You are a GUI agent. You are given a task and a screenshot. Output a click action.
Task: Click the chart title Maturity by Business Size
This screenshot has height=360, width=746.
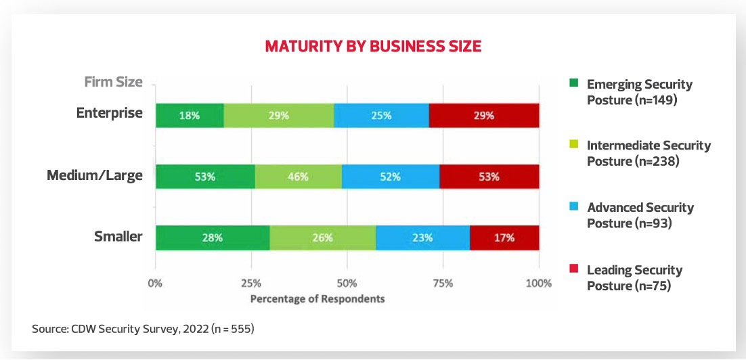pyautogui.click(x=372, y=47)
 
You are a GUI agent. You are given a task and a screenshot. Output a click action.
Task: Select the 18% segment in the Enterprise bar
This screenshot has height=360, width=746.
pyautogui.click(x=190, y=116)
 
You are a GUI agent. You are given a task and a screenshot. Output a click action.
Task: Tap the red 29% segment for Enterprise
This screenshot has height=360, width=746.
pyautogui.click(x=484, y=116)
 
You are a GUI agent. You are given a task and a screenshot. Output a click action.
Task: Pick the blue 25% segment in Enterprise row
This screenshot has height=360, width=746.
pyautogui.click(x=382, y=116)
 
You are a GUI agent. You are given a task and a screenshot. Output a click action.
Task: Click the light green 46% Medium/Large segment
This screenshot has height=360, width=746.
pyautogui.click(x=299, y=177)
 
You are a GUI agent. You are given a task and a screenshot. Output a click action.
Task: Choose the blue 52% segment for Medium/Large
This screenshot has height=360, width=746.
pyautogui.click(x=391, y=177)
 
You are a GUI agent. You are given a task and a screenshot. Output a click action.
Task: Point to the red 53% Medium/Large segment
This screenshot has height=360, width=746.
pyautogui.click(x=489, y=177)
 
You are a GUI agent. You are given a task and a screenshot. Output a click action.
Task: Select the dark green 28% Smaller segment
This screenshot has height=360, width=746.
pyautogui.click(x=213, y=238)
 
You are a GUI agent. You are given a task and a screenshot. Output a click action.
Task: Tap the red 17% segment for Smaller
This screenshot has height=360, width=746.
pyautogui.click(x=504, y=238)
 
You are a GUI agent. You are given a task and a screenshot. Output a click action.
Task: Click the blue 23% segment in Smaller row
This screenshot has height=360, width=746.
pyautogui.click(x=422, y=238)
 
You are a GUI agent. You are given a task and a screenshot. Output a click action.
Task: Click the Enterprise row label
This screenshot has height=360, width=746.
pyautogui.click(x=110, y=113)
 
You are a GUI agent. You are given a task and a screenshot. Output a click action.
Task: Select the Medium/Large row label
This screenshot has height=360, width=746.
pyautogui.click(x=95, y=176)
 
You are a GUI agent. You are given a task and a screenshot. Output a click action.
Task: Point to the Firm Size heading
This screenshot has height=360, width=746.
pyautogui.click(x=113, y=82)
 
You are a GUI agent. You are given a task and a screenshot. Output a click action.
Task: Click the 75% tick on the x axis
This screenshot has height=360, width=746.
pyautogui.click(x=443, y=283)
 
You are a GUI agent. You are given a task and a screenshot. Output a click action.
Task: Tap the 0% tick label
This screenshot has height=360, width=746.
pyautogui.click(x=156, y=283)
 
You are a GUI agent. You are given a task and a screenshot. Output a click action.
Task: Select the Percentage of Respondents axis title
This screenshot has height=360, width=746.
pyautogui.click(x=317, y=298)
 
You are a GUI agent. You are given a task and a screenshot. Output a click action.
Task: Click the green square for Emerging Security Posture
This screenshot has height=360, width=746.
pyautogui.click(x=573, y=85)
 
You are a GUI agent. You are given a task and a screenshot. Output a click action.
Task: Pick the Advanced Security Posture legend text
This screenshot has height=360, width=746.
pyautogui.click(x=640, y=215)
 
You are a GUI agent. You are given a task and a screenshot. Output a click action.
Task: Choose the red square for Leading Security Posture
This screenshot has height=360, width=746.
pyautogui.click(x=573, y=270)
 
